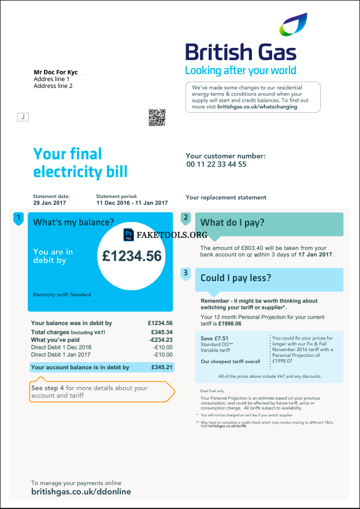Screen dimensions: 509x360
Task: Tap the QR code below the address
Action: (x=157, y=117)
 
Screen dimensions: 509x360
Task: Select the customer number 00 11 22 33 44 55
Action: (x=216, y=164)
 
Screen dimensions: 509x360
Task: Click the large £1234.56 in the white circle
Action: (x=132, y=256)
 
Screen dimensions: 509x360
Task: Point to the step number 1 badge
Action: (x=18, y=218)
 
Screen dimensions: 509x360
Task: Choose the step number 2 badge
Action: (x=185, y=218)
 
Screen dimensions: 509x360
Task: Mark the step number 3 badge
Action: (x=185, y=272)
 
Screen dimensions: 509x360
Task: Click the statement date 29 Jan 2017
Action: (x=50, y=203)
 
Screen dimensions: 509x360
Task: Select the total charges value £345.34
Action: (x=161, y=332)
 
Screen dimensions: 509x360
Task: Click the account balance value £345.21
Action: (x=162, y=367)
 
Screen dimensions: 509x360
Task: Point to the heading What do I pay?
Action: (x=232, y=223)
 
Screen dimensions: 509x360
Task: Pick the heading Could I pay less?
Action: (x=235, y=278)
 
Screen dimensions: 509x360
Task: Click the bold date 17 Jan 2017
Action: (x=316, y=254)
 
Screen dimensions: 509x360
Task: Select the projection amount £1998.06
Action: (x=229, y=323)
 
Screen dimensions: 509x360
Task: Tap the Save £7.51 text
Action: (x=214, y=338)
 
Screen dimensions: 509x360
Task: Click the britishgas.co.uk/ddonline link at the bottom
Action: (x=81, y=492)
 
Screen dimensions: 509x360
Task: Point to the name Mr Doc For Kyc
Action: (x=55, y=72)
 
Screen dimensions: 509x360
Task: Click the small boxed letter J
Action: (x=23, y=117)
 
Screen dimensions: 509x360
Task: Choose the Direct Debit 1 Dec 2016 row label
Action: (x=61, y=347)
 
